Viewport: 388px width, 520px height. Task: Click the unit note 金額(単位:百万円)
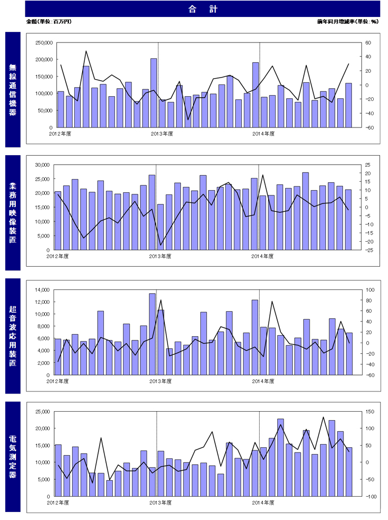[48, 22]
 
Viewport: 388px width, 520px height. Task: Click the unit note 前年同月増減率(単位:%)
[348, 22]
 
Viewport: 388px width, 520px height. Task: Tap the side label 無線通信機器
[13, 89]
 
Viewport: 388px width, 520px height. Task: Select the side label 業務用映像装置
[13, 212]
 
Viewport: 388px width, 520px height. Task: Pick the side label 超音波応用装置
[13, 336]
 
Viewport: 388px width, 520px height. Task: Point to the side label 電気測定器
[13, 457]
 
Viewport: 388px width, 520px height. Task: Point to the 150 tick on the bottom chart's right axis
[369, 412]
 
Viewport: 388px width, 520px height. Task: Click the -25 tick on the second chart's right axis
[368, 250]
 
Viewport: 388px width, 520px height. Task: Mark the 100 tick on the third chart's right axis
[369, 289]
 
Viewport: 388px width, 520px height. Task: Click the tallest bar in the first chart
[154, 93]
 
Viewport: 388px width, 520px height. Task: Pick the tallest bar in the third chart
[152, 334]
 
